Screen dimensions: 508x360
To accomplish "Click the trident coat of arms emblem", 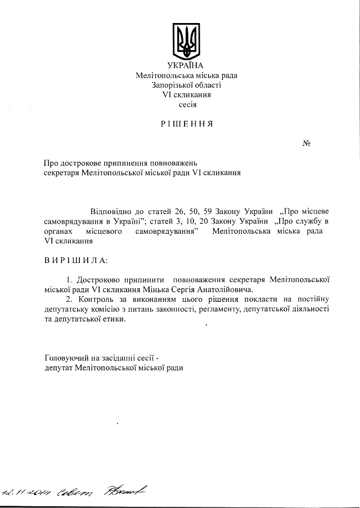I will (x=186, y=40).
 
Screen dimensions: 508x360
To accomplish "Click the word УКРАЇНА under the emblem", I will (x=186, y=66).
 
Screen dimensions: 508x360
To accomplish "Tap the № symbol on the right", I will (x=307, y=143).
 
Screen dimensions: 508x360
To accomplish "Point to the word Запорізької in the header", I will (x=173, y=85).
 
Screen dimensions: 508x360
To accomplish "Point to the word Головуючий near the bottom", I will (x=67, y=357).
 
